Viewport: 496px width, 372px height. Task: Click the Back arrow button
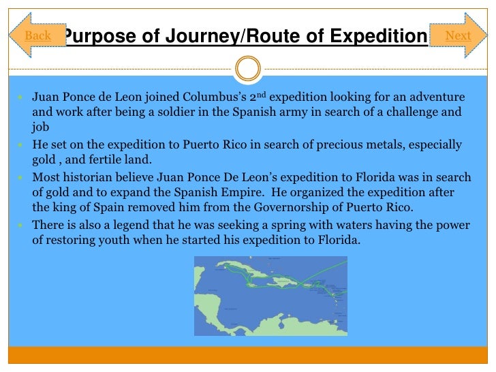point(37,35)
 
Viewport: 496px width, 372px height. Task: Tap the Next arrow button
point(457,35)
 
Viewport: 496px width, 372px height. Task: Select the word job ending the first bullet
point(40,127)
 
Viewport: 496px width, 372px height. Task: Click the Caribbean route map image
point(270,296)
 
